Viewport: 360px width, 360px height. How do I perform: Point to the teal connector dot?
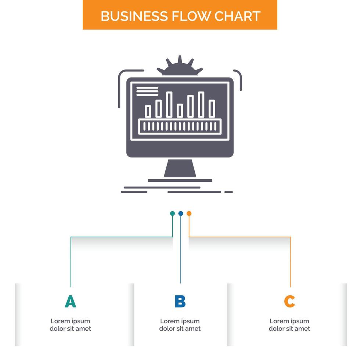pos(172,213)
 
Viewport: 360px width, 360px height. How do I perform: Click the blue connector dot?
pos(180,213)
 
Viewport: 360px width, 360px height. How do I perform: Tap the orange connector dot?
pos(189,213)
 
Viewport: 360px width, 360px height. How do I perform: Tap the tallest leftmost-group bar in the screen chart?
pos(169,105)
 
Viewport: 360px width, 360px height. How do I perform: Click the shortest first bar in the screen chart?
pos(148,111)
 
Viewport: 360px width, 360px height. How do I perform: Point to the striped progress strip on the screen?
pos(180,126)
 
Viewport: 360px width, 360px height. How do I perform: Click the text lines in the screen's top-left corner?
pos(147,91)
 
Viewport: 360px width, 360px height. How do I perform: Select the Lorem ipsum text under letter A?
pos(70,325)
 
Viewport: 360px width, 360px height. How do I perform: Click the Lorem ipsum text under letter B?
pos(180,325)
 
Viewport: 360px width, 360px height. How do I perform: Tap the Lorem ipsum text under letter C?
pos(289,325)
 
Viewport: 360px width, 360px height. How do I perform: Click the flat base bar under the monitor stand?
pos(180,180)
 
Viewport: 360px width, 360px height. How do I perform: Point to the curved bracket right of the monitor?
pos(239,79)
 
